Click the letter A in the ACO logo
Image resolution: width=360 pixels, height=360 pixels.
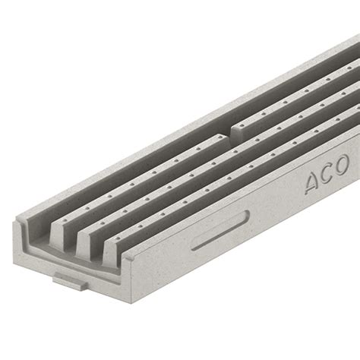click(x=313, y=182)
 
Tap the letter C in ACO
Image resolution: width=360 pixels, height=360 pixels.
click(x=328, y=173)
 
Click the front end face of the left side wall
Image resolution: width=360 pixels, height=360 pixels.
click(x=23, y=228)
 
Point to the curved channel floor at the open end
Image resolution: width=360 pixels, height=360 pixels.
click(x=46, y=247)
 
